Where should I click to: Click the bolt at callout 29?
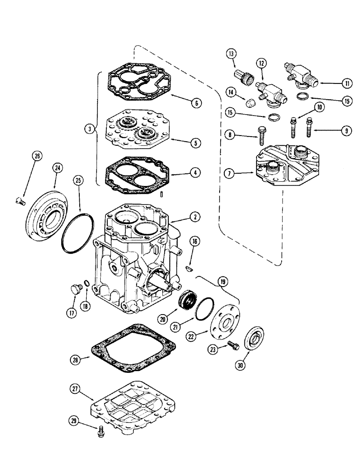click(100, 431)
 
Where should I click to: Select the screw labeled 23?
click(235, 346)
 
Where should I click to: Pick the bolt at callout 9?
click(310, 127)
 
